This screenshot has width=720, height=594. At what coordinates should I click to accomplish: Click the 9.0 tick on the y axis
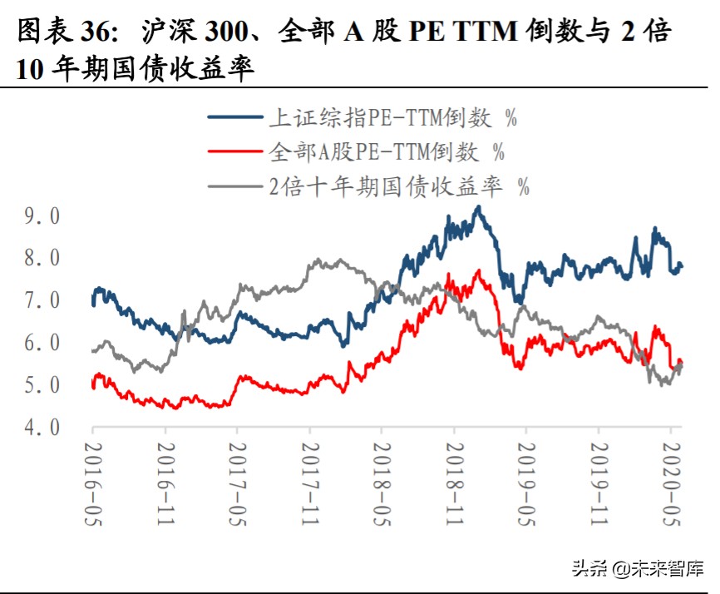42,216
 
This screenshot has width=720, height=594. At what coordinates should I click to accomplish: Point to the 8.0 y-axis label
42,259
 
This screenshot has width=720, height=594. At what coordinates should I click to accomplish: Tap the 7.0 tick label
42,301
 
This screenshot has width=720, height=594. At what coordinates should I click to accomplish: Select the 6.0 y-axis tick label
42,344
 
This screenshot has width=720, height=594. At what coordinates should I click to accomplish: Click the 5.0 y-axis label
42,386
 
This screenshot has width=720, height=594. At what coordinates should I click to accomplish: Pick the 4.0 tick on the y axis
42,428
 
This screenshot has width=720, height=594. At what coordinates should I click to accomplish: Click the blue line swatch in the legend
235,117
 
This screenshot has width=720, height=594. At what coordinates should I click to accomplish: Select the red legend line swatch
235,151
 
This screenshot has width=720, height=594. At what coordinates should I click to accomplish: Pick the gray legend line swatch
235,186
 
